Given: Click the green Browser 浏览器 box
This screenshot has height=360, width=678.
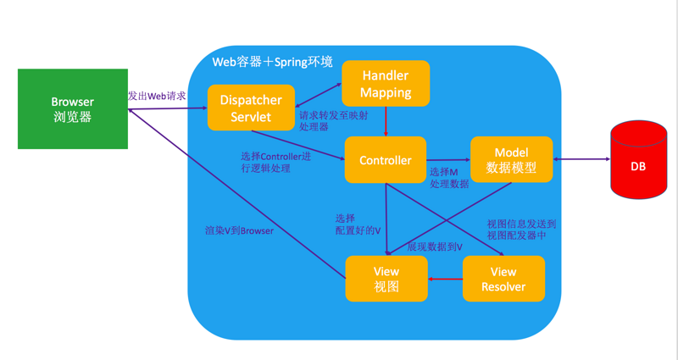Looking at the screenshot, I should (73, 109).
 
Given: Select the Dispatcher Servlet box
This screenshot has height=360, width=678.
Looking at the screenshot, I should (251, 108).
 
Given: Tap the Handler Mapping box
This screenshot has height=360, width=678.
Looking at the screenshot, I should (386, 83).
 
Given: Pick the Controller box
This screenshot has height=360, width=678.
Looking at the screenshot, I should (386, 160).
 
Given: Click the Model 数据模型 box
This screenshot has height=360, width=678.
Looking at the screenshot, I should (511, 159).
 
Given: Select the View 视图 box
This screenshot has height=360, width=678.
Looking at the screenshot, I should (386, 279).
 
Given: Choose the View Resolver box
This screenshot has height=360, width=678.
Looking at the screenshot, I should (503, 279).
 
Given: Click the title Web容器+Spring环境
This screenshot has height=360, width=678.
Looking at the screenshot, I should (272, 62).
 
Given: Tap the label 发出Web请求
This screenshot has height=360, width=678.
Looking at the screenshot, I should (157, 96).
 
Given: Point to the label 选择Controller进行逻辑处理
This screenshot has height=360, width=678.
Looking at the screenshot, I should (275, 162).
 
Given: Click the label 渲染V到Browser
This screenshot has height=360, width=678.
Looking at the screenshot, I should (239, 230).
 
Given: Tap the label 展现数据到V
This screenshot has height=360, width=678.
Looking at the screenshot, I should (434, 246).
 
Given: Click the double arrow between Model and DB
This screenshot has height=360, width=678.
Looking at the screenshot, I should (581, 159).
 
